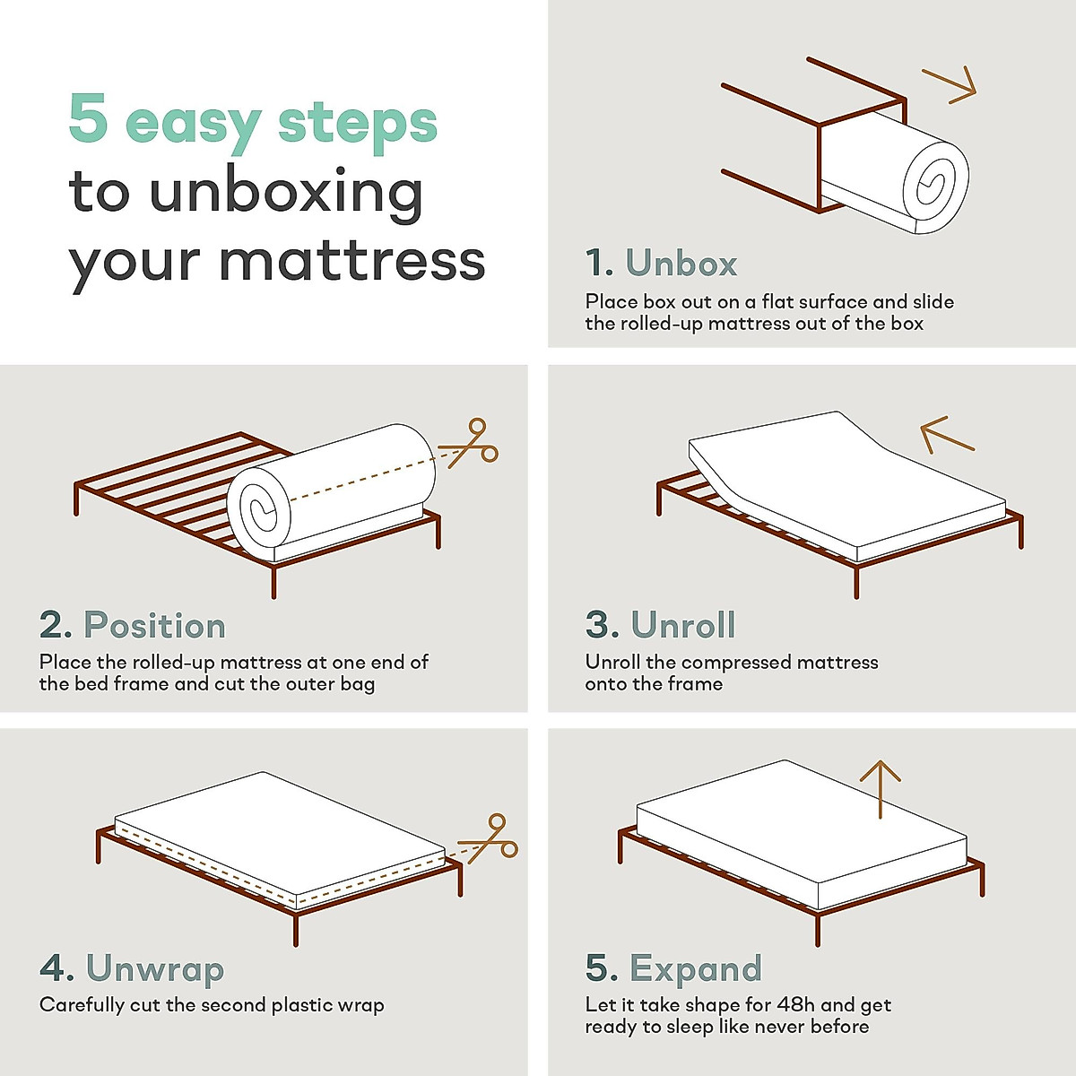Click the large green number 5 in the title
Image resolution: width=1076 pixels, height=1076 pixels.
tap(88, 119)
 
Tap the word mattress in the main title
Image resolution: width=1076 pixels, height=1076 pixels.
tap(351, 261)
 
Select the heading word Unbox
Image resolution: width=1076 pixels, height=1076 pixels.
tap(681, 264)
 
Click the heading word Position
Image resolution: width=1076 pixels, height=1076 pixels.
tap(154, 626)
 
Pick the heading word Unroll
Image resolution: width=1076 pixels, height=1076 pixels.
tap(683, 625)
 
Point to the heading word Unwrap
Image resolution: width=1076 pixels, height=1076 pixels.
tap(155, 968)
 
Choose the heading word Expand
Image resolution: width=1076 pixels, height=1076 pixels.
tap(696, 968)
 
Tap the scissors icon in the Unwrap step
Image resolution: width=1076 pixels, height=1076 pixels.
tap(490, 838)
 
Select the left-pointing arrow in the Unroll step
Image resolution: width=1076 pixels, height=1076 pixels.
tap(945, 435)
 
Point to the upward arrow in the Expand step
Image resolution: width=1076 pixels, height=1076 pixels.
tap(880, 789)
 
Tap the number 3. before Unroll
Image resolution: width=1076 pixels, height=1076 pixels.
tap(602, 625)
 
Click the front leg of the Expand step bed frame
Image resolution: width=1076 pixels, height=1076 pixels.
tap(817, 928)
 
